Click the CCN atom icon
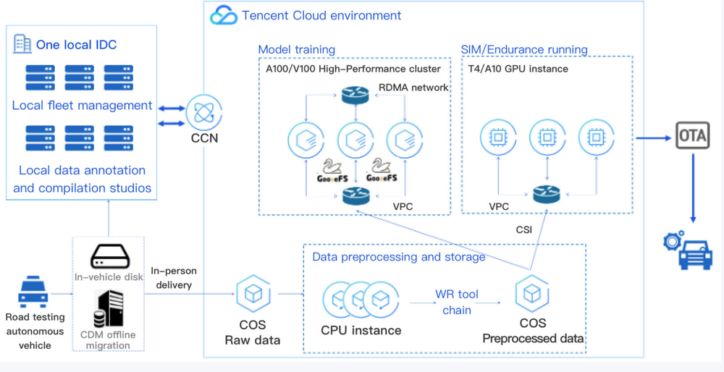point(204,112)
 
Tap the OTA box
point(692,135)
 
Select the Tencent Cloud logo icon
point(224,14)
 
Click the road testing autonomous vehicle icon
point(33,292)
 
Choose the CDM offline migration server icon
point(109,309)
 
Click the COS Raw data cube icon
point(253,293)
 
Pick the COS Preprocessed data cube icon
point(532,293)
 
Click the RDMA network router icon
point(355,95)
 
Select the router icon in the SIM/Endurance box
point(547,194)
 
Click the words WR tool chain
point(456,303)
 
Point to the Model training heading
point(296,49)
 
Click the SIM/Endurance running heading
point(524,49)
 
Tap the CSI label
point(523,229)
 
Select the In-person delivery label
point(174,278)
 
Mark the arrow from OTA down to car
point(692,188)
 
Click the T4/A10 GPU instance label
point(515,69)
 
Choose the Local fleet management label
point(83,106)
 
